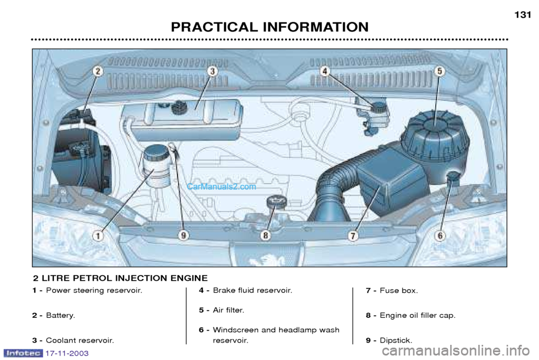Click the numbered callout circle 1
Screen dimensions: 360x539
[98, 236]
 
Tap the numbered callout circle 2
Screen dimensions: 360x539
[98, 71]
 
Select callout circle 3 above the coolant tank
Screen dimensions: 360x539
[213, 71]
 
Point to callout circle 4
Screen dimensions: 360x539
[326, 71]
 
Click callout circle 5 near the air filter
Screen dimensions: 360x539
[440, 71]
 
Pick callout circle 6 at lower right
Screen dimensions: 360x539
[440, 236]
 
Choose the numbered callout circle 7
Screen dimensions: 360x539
[353, 236]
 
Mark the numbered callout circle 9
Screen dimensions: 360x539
[183, 236]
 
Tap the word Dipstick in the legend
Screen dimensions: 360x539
[395, 340]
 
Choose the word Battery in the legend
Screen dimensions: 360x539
[60, 316]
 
